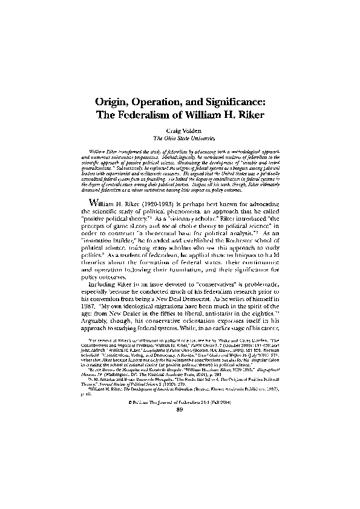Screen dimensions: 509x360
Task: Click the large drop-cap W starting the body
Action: [x=96, y=203]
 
